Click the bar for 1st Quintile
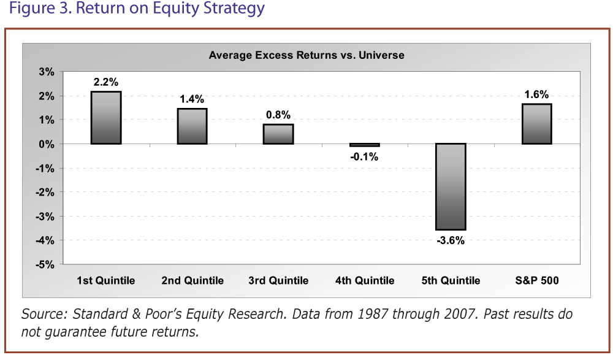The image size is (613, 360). point(106,118)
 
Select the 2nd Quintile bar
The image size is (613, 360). point(192,126)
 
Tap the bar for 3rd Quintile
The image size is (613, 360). point(278,134)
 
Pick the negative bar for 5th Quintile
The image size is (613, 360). point(451,186)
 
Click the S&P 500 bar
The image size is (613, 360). point(537,124)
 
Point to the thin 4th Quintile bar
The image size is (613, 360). point(365,145)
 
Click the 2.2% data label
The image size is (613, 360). point(106,82)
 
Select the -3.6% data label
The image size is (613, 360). point(451,240)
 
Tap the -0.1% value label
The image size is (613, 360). point(365,156)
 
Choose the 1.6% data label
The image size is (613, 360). point(537,94)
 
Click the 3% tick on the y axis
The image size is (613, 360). point(47,72)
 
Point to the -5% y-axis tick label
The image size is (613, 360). point(46,265)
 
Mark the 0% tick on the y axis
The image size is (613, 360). point(47,144)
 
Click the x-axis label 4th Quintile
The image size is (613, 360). point(365,281)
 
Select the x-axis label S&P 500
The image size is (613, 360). point(537,281)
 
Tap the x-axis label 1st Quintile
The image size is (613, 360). point(106,281)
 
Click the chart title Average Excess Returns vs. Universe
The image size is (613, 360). point(306,55)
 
